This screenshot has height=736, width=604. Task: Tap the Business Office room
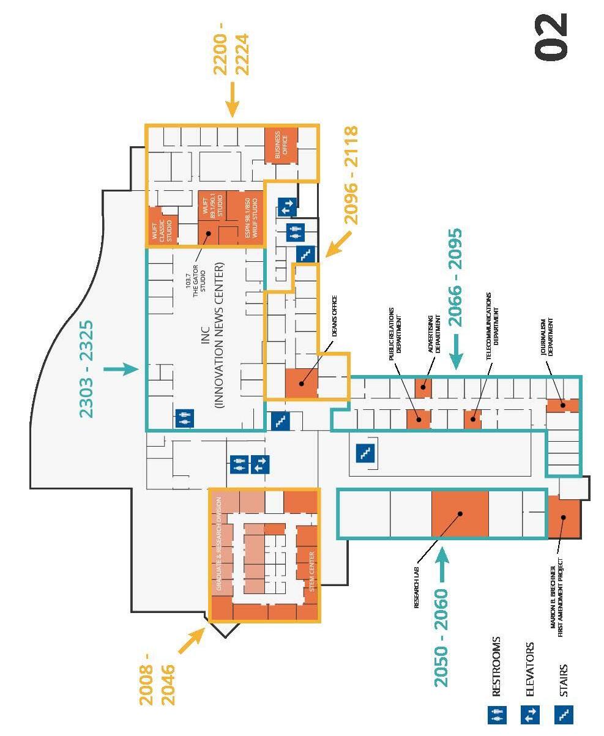tap(281, 145)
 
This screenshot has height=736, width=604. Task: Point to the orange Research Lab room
tap(460, 514)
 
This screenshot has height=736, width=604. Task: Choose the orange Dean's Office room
tap(302, 383)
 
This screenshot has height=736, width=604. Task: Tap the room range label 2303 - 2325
tap(87, 369)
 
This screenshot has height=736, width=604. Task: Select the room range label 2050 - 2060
tap(441, 637)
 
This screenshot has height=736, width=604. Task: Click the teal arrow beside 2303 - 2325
tap(122, 369)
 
